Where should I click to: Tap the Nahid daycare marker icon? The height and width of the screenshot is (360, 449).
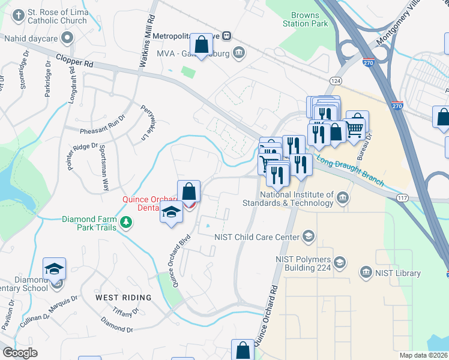coord(67,38)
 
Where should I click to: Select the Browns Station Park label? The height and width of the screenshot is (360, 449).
coord(309,19)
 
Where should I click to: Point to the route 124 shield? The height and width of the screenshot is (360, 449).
coord(336,80)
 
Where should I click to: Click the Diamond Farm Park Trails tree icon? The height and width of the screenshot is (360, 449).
coord(126,223)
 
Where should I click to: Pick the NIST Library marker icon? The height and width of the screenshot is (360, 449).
coord(365,273)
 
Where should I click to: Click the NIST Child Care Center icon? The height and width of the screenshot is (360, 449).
coord(309,236)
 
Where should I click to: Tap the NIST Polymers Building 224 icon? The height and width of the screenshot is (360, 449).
coord(340,262)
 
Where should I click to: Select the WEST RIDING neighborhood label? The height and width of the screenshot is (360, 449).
coord(123,298)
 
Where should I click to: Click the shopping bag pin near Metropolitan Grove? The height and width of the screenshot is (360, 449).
coord(202,45)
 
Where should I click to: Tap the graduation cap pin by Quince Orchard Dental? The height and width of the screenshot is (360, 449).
coord(172,212)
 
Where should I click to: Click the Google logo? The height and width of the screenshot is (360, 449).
coord(20,353)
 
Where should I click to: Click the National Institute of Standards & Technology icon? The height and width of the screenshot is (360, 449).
coord(342,198)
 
